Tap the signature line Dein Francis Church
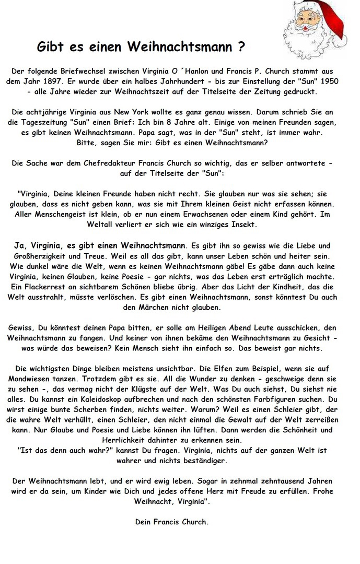click(x=172, y=522)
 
